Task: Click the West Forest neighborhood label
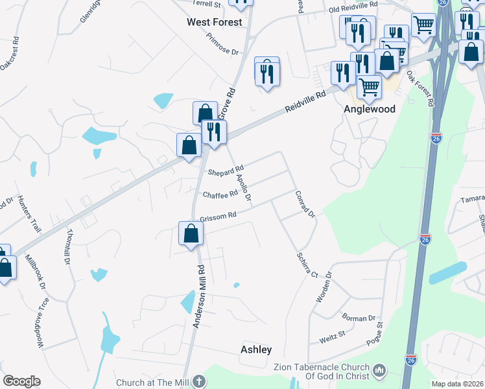click(x=214, y=22)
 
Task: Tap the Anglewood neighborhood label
click(x=369, y=110)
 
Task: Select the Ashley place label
click(x=256, y=349)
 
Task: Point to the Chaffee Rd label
click(x=220, y=194)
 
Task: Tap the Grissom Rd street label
click(x=219, y=217)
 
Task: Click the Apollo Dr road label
click(x=243, y=187)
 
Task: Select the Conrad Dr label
click(x=305, y=204)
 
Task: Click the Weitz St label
click(x=331, y=338)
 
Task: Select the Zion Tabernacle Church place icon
click(x=380, y=371)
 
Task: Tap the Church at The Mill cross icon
click(x=199, y=382)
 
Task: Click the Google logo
click(x=21, y=381)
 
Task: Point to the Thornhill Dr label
click(x=67, y=248)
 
